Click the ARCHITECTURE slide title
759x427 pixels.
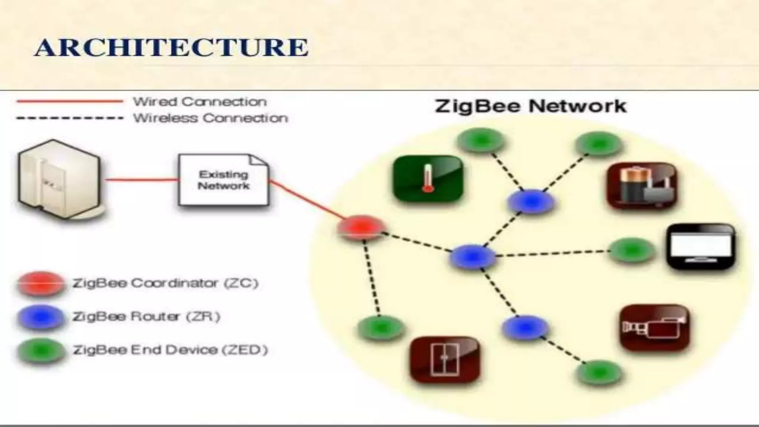coord(171,47)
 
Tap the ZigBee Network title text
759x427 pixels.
coord(530,106)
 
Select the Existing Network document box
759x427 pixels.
coord(223,180)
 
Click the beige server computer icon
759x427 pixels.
coord(59,180)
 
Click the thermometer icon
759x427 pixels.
coord(428,179)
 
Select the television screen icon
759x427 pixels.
coord(700,246)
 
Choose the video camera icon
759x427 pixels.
coord(654,328)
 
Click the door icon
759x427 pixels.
coord(445,360)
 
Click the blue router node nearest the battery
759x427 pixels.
coord(531,202)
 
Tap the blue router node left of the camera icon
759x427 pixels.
coord(525,327)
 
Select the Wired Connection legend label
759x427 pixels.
coord(200,102)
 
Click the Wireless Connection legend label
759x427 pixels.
coord(210,118)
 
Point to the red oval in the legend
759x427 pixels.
coord(41,284)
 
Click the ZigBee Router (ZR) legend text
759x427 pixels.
coord(146,317)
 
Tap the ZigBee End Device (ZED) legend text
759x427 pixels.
coord(170,350)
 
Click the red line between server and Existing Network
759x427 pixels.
coord(141,180)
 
